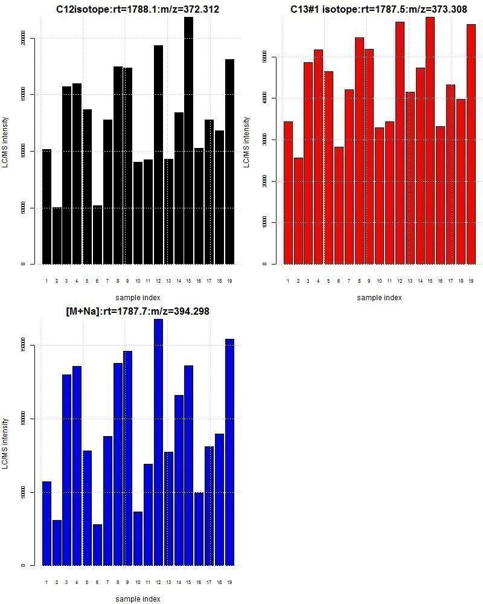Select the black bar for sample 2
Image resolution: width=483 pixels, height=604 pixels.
(57, 236)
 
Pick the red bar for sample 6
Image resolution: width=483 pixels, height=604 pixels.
(339, 205)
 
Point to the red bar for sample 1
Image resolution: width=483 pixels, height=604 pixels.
(288, 193)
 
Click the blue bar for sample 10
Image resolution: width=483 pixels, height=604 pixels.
(138, 538)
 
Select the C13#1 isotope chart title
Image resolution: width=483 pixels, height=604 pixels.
(379, 10)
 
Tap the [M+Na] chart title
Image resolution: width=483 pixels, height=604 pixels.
(138, 311)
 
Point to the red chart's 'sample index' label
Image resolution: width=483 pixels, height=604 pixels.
(379, 297)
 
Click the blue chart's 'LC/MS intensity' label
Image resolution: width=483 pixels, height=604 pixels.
(5, 443)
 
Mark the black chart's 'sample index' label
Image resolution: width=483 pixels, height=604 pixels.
(138, 297)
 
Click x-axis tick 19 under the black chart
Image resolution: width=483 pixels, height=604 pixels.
(229, 280)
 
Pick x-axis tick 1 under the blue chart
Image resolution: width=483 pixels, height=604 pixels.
(46, 582)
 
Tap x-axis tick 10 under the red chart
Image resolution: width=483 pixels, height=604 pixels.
(379, 280)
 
